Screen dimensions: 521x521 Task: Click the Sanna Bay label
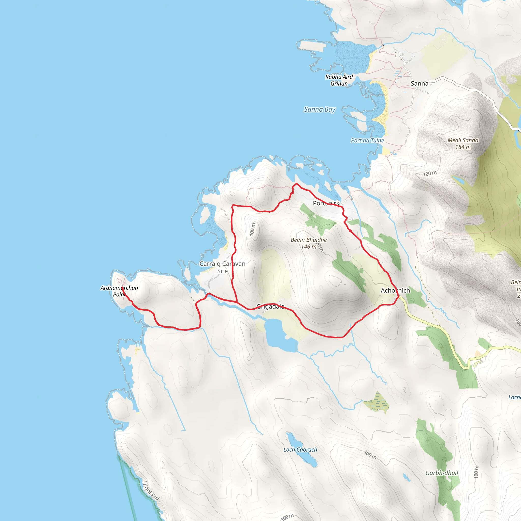(x=320, y=109)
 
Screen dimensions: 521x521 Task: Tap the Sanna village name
(x=419, y=84)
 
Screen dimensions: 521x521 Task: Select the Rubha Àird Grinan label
(x=339, y=80)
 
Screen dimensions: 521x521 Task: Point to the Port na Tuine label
(x=367, y=140)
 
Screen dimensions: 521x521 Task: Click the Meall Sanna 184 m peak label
(x=463, y=143)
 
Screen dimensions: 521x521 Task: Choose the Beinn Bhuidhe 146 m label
(x=309, y=243)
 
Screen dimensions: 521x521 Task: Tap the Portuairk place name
(x=326, y=203)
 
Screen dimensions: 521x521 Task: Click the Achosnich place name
(x=395, y=291)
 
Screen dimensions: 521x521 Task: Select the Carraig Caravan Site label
(x=223, y=267)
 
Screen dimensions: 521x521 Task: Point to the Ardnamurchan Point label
(x=119, y=291)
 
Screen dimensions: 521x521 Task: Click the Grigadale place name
(x=270, y=306)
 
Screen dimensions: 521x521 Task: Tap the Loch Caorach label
(x=300, y=450)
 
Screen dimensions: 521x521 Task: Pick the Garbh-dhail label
(x=442, y=473)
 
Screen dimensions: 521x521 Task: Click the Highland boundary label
(x=151, y=490)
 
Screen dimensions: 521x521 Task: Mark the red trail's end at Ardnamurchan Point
(x=123, y=288)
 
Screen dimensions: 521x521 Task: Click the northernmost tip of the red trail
(x=296, y=184)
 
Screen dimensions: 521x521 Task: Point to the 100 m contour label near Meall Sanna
(x=430, y=174)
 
